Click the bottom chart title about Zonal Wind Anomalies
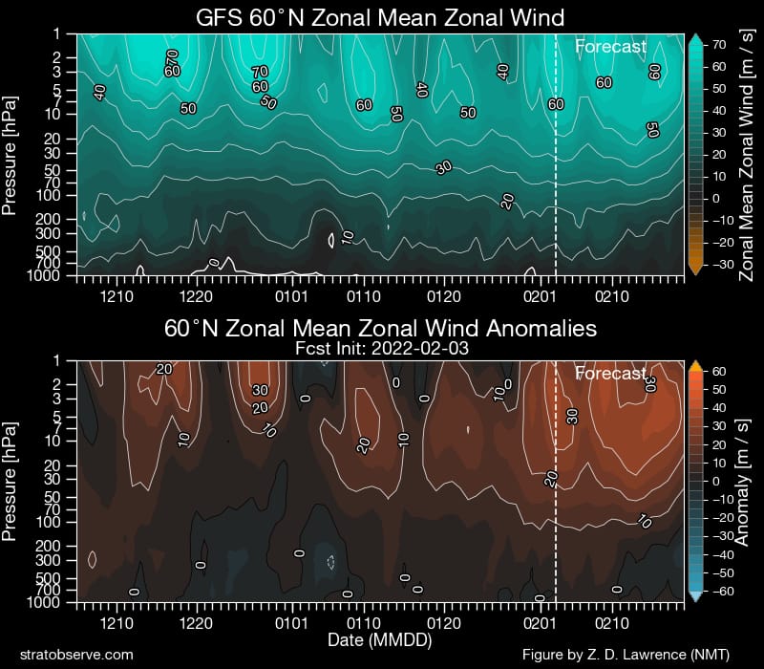(380, 329)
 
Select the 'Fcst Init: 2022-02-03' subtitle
(380, 349)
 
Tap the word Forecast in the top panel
(610, 46)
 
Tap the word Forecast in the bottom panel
(610, 374)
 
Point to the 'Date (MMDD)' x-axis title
(380, 637)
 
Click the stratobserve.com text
(75, 654)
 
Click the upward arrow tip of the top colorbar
(695, 37)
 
